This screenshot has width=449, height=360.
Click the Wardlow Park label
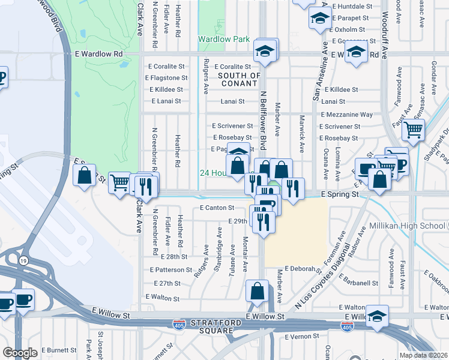tap(224, 40)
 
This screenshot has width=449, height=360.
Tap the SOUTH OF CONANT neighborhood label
tap(239, 79)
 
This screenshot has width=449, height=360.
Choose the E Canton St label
tap(216, 208)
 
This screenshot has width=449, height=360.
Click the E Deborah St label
tap(304, 269)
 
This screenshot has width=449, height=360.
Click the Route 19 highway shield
tap(22, 262)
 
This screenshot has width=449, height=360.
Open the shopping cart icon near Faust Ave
tap(413, 129)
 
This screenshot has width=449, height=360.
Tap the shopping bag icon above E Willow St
tap(258, 292)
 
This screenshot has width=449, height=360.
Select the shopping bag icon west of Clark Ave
tap(84, 175)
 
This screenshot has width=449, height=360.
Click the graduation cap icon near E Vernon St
tap(377, 316)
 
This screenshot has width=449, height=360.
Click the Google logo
tap(20, 353)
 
